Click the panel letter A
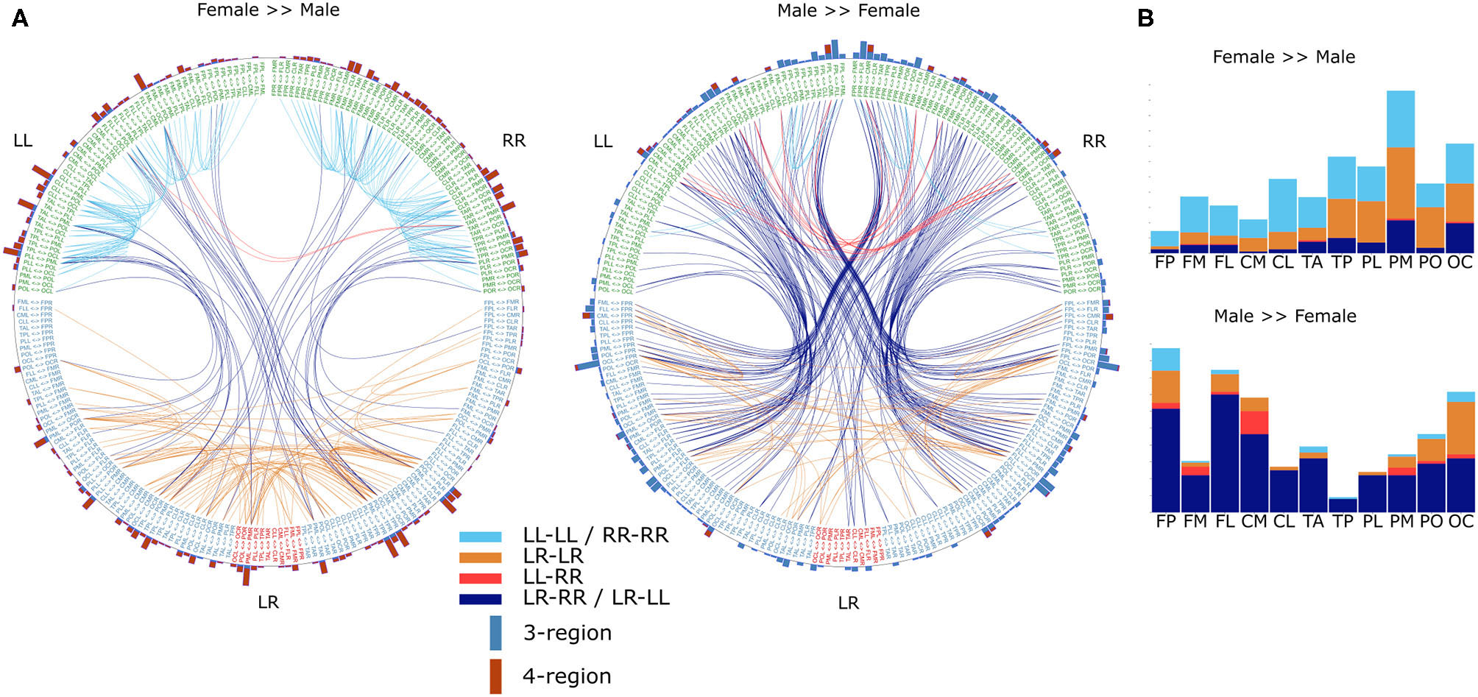(x=20, y=18)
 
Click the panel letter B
(x=1145, y=18)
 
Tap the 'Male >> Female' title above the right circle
(x=848, y=11)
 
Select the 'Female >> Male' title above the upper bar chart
(x=1284, y=57)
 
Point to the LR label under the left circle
(x=268, y=603)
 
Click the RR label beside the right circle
(x=1094, y=141)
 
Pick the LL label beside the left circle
(x=23, y=141)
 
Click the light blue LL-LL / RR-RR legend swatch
(x=480, y=537)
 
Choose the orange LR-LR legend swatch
(x=480, y=558)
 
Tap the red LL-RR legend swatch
(x=480, y=579)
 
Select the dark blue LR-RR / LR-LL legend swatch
(x=480, y=599)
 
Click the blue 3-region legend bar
(x=495, y=633)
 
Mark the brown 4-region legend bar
(x=495, y=676)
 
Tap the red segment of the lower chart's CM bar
(x=1254, y=422)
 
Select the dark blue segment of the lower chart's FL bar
(x=1224, y=453)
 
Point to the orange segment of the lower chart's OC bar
(x=1460, y=428)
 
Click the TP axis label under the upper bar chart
(x=1342, y=263)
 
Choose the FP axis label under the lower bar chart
(x=1166, y=522)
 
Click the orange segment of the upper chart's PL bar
(x=1371, y=222)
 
